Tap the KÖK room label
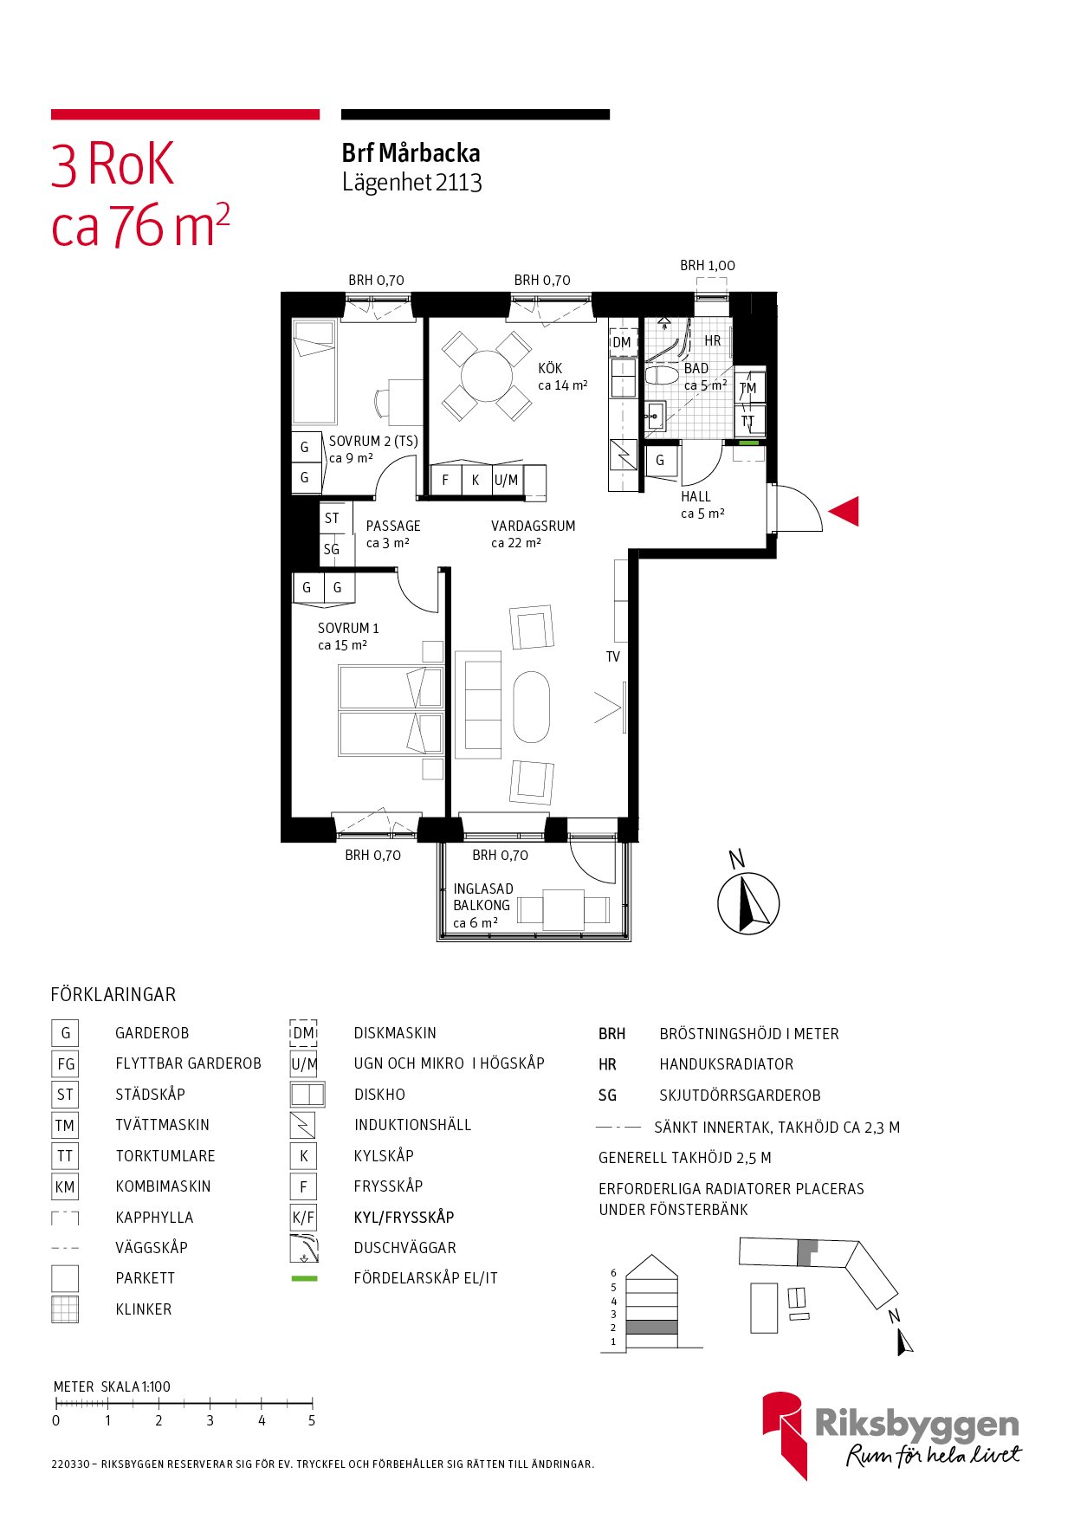(550, 368)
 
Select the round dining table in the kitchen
(488, 376)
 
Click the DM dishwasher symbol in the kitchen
(622, 342)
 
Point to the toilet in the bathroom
(662, 376)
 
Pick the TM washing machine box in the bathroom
(749, 388)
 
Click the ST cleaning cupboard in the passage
(333, 518)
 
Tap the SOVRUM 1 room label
(348, 628)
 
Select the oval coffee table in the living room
(531, 707)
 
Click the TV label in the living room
(613, 656)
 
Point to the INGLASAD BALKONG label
(482, 897)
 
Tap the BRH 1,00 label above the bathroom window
(708, 266)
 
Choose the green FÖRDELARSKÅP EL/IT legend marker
(304, 1278)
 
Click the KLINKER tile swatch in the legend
(65, 1309)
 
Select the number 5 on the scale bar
(312, 1421)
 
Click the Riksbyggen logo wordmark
(917, 1424)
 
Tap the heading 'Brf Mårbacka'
(411, 153)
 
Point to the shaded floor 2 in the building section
(651, 1327)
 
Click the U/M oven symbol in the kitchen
(507, 480)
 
